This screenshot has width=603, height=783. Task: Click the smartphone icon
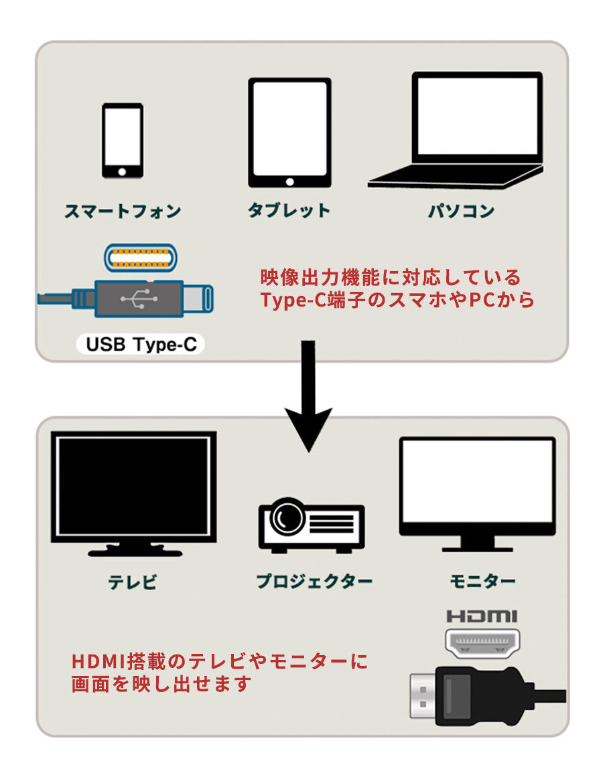point(123,141)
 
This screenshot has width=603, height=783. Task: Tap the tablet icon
point(289,132)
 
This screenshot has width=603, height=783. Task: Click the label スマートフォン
point(123,211)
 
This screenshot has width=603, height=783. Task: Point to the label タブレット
point(289,211)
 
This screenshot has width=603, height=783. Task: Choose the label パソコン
point(462,211)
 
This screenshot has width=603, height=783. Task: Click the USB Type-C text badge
point(142,345)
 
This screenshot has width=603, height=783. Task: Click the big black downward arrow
point(308,402)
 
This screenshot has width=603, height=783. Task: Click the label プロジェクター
point(314,581)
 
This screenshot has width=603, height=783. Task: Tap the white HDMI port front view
point(483,643)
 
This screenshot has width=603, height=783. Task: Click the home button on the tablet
point(289,181)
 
